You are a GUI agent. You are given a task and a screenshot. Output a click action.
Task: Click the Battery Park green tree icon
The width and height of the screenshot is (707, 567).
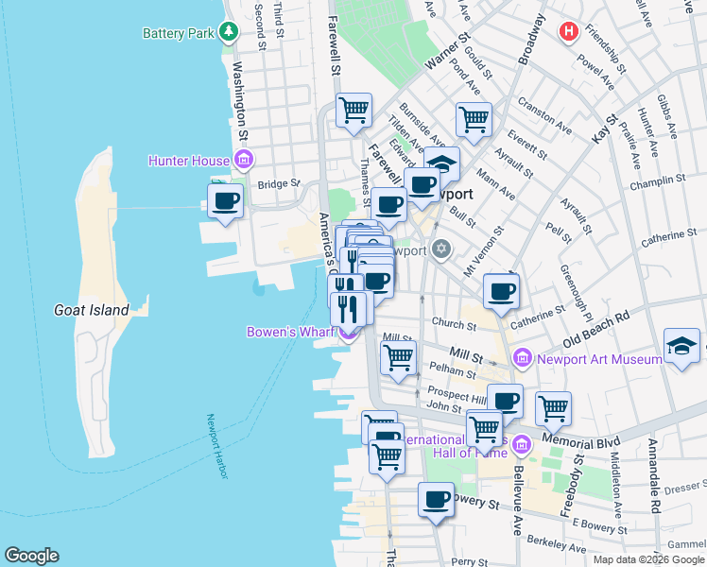tap(228, 32)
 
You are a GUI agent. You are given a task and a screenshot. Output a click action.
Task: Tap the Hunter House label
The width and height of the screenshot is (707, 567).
tap(189, 161)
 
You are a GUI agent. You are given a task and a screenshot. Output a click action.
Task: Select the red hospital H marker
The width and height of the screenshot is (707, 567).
tap(568, 31)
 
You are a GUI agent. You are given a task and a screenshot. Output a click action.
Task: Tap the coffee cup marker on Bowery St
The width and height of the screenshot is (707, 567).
tap(436, 499)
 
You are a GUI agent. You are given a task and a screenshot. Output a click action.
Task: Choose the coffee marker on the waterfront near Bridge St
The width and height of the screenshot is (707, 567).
tap(226, 201)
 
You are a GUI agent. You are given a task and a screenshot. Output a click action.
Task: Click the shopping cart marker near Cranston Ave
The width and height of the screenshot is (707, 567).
tap(474, 119)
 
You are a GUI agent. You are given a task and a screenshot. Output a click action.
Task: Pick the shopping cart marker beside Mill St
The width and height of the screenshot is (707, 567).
tap(398, 357)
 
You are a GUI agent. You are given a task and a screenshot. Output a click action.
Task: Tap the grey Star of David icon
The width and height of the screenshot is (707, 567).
tap(440, 249)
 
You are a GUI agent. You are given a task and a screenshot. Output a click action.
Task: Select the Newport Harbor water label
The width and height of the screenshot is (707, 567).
tap(217, 446)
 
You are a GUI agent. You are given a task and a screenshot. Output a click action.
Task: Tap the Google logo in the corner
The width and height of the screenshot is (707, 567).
tap(31, 556)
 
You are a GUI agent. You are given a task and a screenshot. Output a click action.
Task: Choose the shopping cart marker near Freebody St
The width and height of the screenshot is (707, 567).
tap(553, 408)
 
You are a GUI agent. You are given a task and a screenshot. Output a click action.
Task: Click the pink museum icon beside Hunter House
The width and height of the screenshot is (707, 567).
tap(243, 160)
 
